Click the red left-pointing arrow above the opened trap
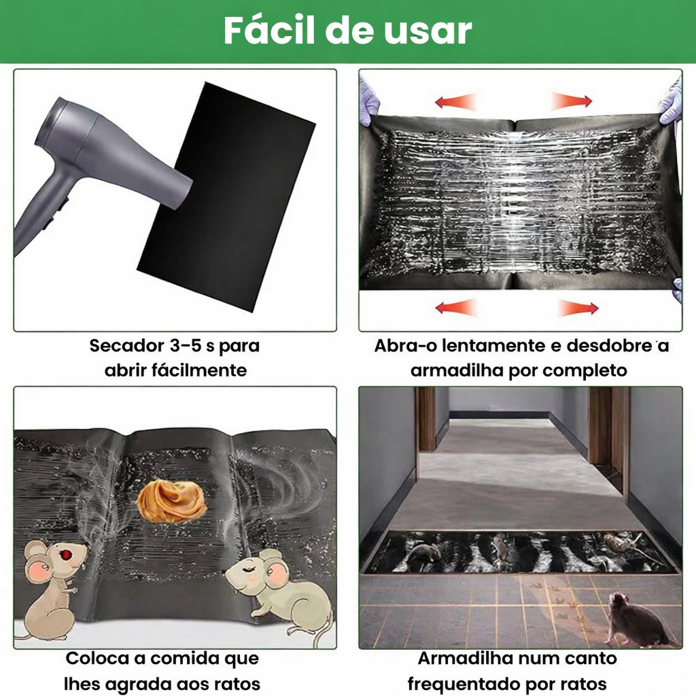456,102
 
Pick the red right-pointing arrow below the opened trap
578,308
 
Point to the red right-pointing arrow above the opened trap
572,102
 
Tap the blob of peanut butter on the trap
171,501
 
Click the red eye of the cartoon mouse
67,555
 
